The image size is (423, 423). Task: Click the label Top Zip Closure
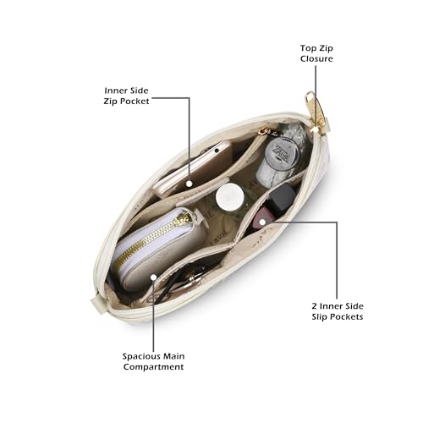point(316,53)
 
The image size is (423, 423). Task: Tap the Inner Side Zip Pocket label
point(126,96)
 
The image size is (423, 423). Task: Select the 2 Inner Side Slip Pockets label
point(338,311)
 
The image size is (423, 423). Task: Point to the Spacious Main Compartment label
point(154,361)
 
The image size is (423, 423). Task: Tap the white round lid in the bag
point(229,196)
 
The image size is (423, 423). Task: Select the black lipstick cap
point(283,197)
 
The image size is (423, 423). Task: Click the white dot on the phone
point(190,184)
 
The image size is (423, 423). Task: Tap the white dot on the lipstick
point(262,222)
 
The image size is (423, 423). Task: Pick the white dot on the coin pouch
point(153,277)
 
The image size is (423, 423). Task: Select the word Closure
point(316,58)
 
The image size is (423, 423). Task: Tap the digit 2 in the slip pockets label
point(315,306)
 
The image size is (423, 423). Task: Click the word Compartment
point(154,367)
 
